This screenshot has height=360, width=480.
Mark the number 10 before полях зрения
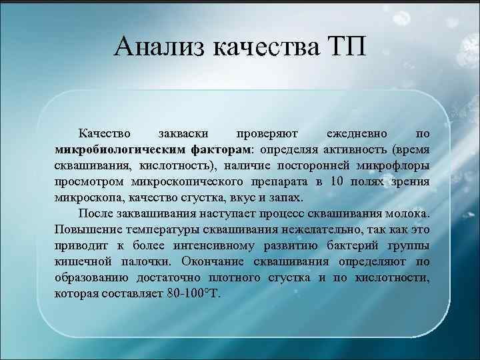pyautogui.click(x=337, y=181)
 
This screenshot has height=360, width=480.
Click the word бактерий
pyautogui.click(x=346, y=246)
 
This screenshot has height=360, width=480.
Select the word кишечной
pyautogui.click(x=79, y=262)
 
